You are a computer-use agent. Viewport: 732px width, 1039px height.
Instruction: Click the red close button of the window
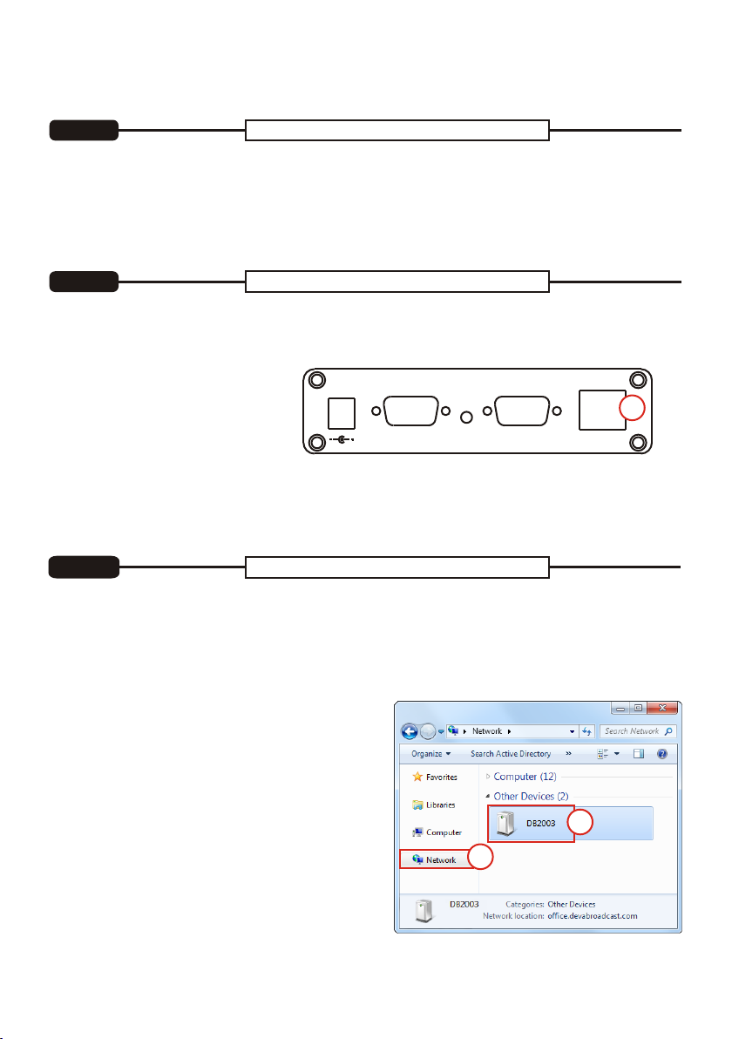click(x=661, y=709)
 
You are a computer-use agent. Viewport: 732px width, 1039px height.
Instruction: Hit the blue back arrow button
click(x=410, y=731)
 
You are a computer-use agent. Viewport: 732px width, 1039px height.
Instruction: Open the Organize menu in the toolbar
click(x=430, y=754)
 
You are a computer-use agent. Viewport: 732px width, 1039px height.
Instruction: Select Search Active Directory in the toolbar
click(x=511, y=754)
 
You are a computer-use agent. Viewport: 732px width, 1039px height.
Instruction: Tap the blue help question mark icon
click(x=661, y=754)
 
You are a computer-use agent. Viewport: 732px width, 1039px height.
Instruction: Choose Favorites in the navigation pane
click(x=435, y=778)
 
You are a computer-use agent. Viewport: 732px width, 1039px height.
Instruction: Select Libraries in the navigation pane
click(x=434, y=805)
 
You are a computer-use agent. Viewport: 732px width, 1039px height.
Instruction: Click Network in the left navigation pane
click(x=435, y=860)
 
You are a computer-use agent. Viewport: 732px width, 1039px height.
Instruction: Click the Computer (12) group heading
click(x=525, y=777)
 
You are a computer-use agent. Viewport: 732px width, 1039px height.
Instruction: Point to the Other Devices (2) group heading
click(x=531, y=797)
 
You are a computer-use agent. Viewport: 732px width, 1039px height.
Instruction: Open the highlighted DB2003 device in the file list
click(x=531, y=824)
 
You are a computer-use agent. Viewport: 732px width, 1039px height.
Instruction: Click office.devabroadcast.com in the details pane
click(x=593, y=916)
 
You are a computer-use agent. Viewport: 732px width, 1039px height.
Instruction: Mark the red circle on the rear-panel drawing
click(x=632, y=408)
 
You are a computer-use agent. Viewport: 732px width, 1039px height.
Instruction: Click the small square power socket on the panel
click(x=342, y=413)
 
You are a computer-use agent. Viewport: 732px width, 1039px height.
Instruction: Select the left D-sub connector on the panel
click(x=410, y=411)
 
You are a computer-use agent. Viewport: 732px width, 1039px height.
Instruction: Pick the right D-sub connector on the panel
click(x=522, y=411)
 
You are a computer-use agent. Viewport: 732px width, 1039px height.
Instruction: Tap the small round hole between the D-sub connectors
click(x=466, y=417)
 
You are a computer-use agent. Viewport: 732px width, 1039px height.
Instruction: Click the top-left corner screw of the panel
click(x=317, y=380)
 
